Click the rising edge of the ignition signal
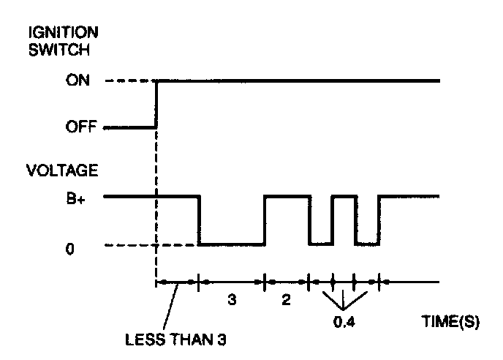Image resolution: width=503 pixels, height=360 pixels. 156,104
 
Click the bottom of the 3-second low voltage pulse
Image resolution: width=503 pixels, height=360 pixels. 232,244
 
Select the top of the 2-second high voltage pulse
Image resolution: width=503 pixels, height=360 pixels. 286,196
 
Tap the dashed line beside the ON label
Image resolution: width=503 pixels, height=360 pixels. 130,81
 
